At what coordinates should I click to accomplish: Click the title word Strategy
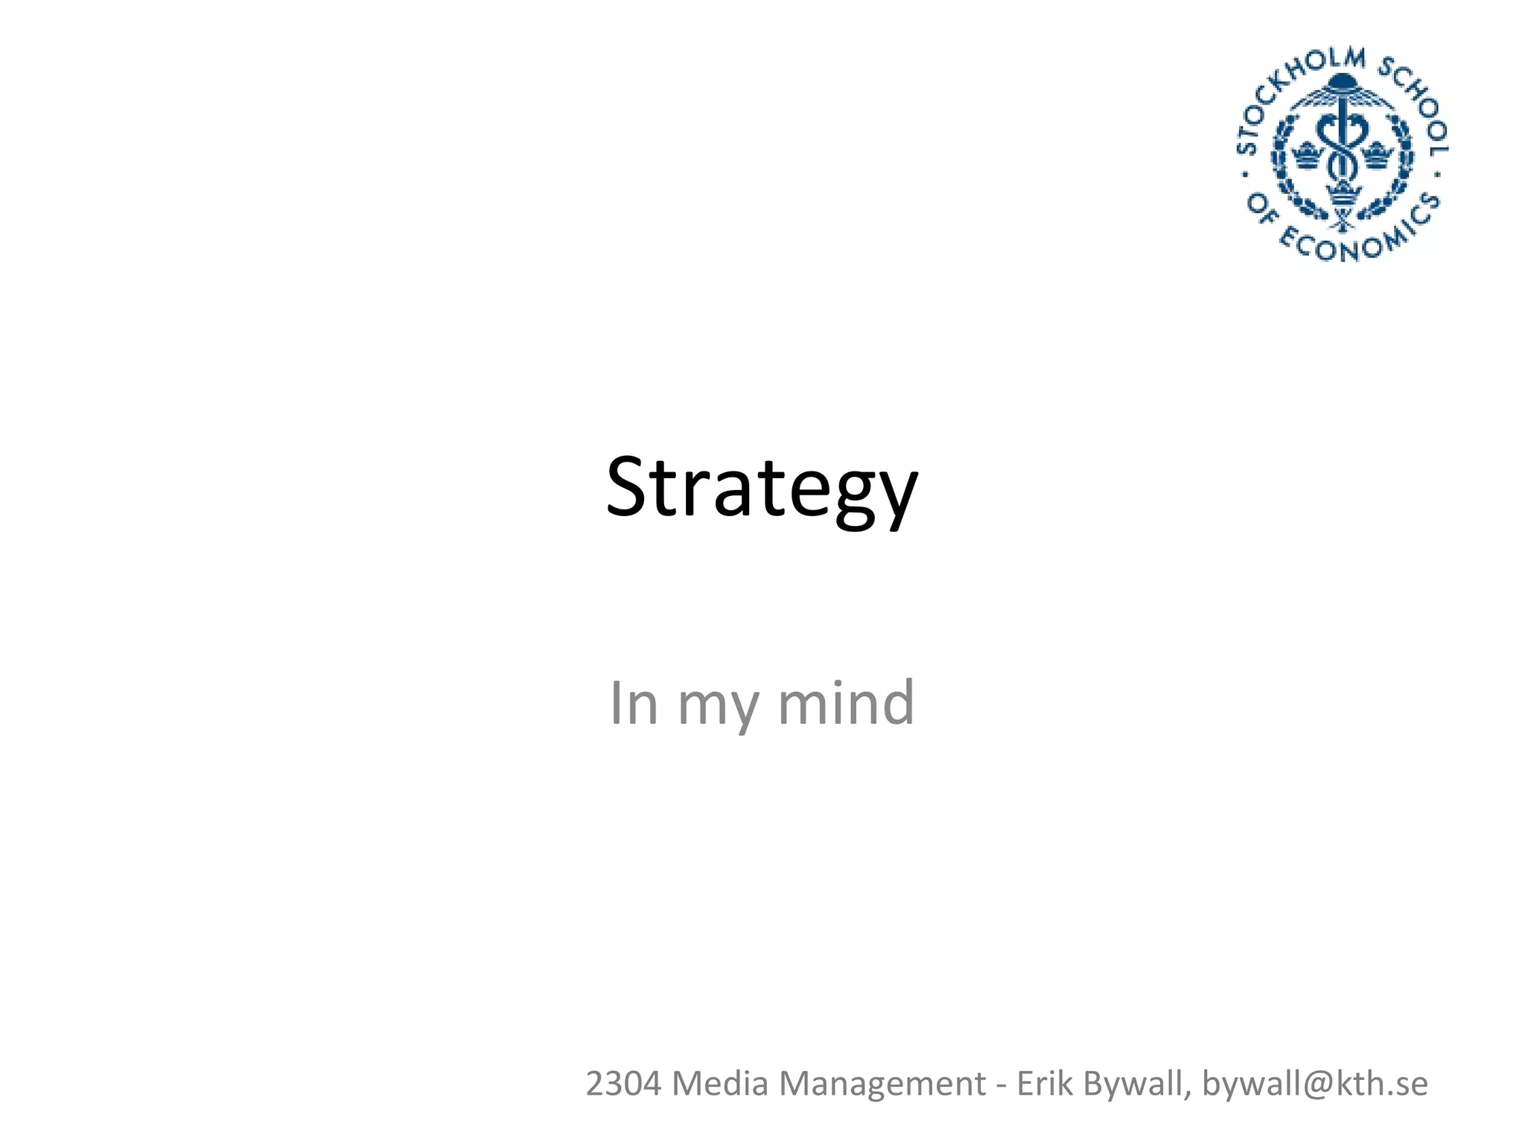(762, 488)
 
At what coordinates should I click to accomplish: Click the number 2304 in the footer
(623, 1084)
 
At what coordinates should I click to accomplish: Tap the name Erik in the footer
(1045, 1084)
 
